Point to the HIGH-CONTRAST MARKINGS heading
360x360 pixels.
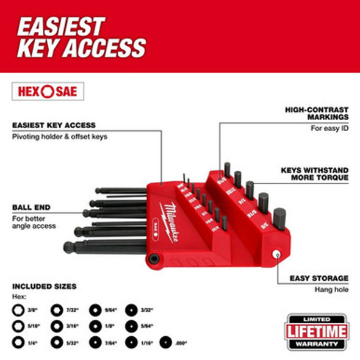point(317,113)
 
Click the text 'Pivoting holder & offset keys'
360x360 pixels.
point(59,137)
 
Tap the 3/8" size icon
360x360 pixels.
point(19,311)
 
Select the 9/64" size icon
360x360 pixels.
point(95,311)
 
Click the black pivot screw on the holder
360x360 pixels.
point(154,259)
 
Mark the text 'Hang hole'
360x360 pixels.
point(332,289)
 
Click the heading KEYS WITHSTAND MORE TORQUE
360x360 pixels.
point(314,174)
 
